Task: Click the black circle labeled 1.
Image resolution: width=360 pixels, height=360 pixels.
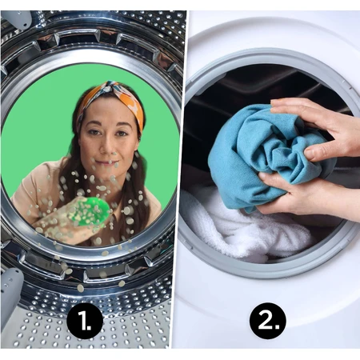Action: (85, 321)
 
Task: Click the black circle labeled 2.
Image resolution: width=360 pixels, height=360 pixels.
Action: (268, 321)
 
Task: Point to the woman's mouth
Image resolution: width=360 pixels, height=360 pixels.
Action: (109, 162)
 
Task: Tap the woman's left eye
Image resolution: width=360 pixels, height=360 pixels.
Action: (121, 133)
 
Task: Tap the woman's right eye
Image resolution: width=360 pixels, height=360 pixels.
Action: (93, 132)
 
